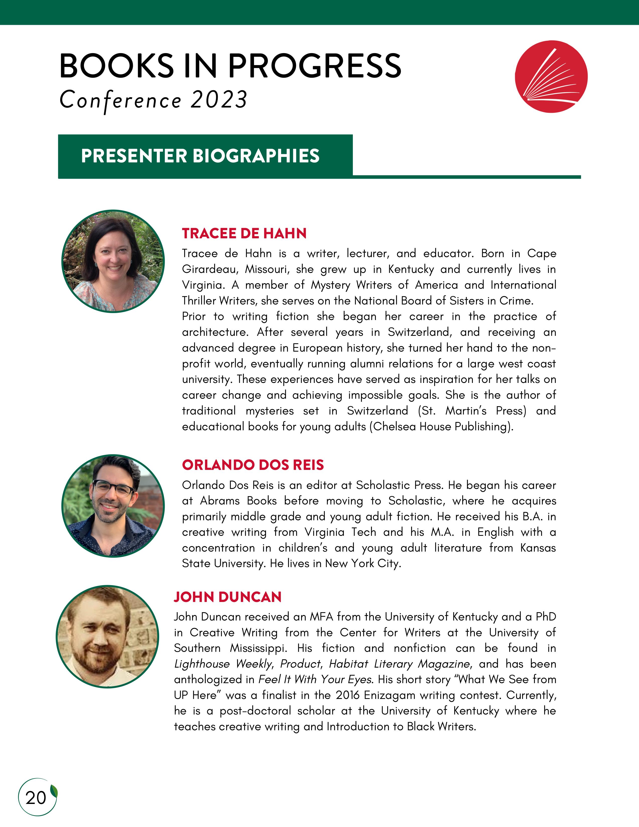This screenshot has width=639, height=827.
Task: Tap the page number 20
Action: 36,798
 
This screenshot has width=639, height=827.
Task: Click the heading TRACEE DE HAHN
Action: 244,233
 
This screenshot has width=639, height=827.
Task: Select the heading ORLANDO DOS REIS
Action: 253,465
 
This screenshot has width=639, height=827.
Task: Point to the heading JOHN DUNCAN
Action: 228,597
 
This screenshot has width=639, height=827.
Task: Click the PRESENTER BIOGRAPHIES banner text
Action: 200,156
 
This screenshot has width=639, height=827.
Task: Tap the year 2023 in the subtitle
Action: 219,100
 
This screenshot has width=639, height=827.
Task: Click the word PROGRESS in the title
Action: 314,66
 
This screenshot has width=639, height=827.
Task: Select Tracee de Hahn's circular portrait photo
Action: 113,261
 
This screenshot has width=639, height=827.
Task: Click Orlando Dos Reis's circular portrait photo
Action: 113,506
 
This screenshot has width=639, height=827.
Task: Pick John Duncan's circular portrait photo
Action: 108,637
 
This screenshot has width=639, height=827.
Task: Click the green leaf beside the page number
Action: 54,791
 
